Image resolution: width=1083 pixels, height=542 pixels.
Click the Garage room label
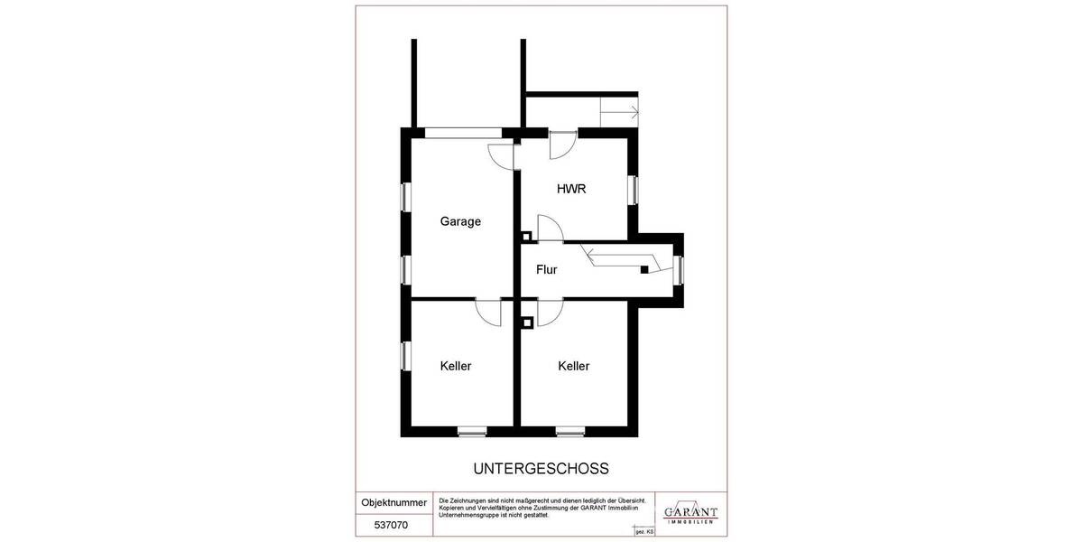(460, 221)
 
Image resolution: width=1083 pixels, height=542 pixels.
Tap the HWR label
(571, 189)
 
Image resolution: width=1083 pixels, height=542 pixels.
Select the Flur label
(547, 269)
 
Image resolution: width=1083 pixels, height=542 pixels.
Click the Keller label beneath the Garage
(456, 366)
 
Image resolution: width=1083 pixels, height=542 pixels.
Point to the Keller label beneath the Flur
(573, 366)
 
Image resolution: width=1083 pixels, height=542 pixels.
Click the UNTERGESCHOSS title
(541, 469)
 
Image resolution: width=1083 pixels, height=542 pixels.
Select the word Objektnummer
(393, 502)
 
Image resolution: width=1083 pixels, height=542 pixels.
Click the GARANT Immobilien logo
(690, 512)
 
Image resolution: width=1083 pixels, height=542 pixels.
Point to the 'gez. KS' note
(645, 534)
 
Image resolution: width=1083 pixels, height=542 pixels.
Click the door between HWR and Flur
(550, 229)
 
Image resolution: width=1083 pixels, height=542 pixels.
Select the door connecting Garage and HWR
(501, 154)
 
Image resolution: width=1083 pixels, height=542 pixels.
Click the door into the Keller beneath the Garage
(488, 313)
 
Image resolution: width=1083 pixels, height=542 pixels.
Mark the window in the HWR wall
(634, 189)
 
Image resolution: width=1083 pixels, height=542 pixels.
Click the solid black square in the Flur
(644, 269)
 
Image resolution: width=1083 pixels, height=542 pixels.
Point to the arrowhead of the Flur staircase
(588, 251)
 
